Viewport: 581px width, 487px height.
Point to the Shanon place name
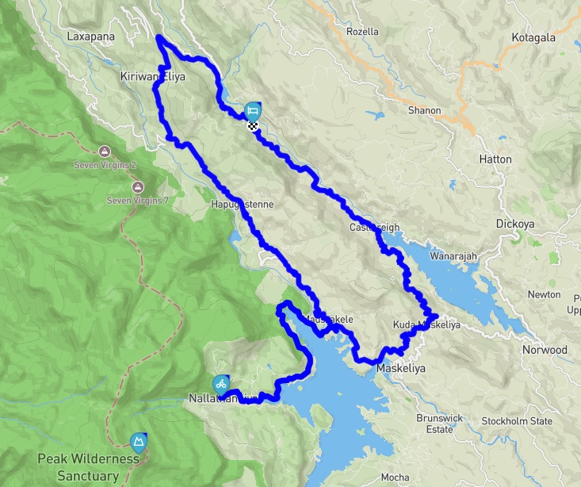(x=424, y=110)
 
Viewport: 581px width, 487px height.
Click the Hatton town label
(x=495, y=159)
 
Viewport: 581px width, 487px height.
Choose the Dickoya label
(x=515, y=224)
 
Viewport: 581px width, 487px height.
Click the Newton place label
(x=544, y=295)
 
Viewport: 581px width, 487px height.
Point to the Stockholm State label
(x=517, y=421)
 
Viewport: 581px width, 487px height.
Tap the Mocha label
(x=395, y=477)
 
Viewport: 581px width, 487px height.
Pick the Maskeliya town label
(x=400, y=370)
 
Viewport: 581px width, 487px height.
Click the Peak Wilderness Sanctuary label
(x=79, y=467)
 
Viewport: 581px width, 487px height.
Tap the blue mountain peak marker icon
(x=140, y=442)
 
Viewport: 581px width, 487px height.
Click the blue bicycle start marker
(x=221, y=383)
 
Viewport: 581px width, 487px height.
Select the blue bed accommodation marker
(x=253, y=109)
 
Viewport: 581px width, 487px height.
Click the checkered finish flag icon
(x=253, y=125)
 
